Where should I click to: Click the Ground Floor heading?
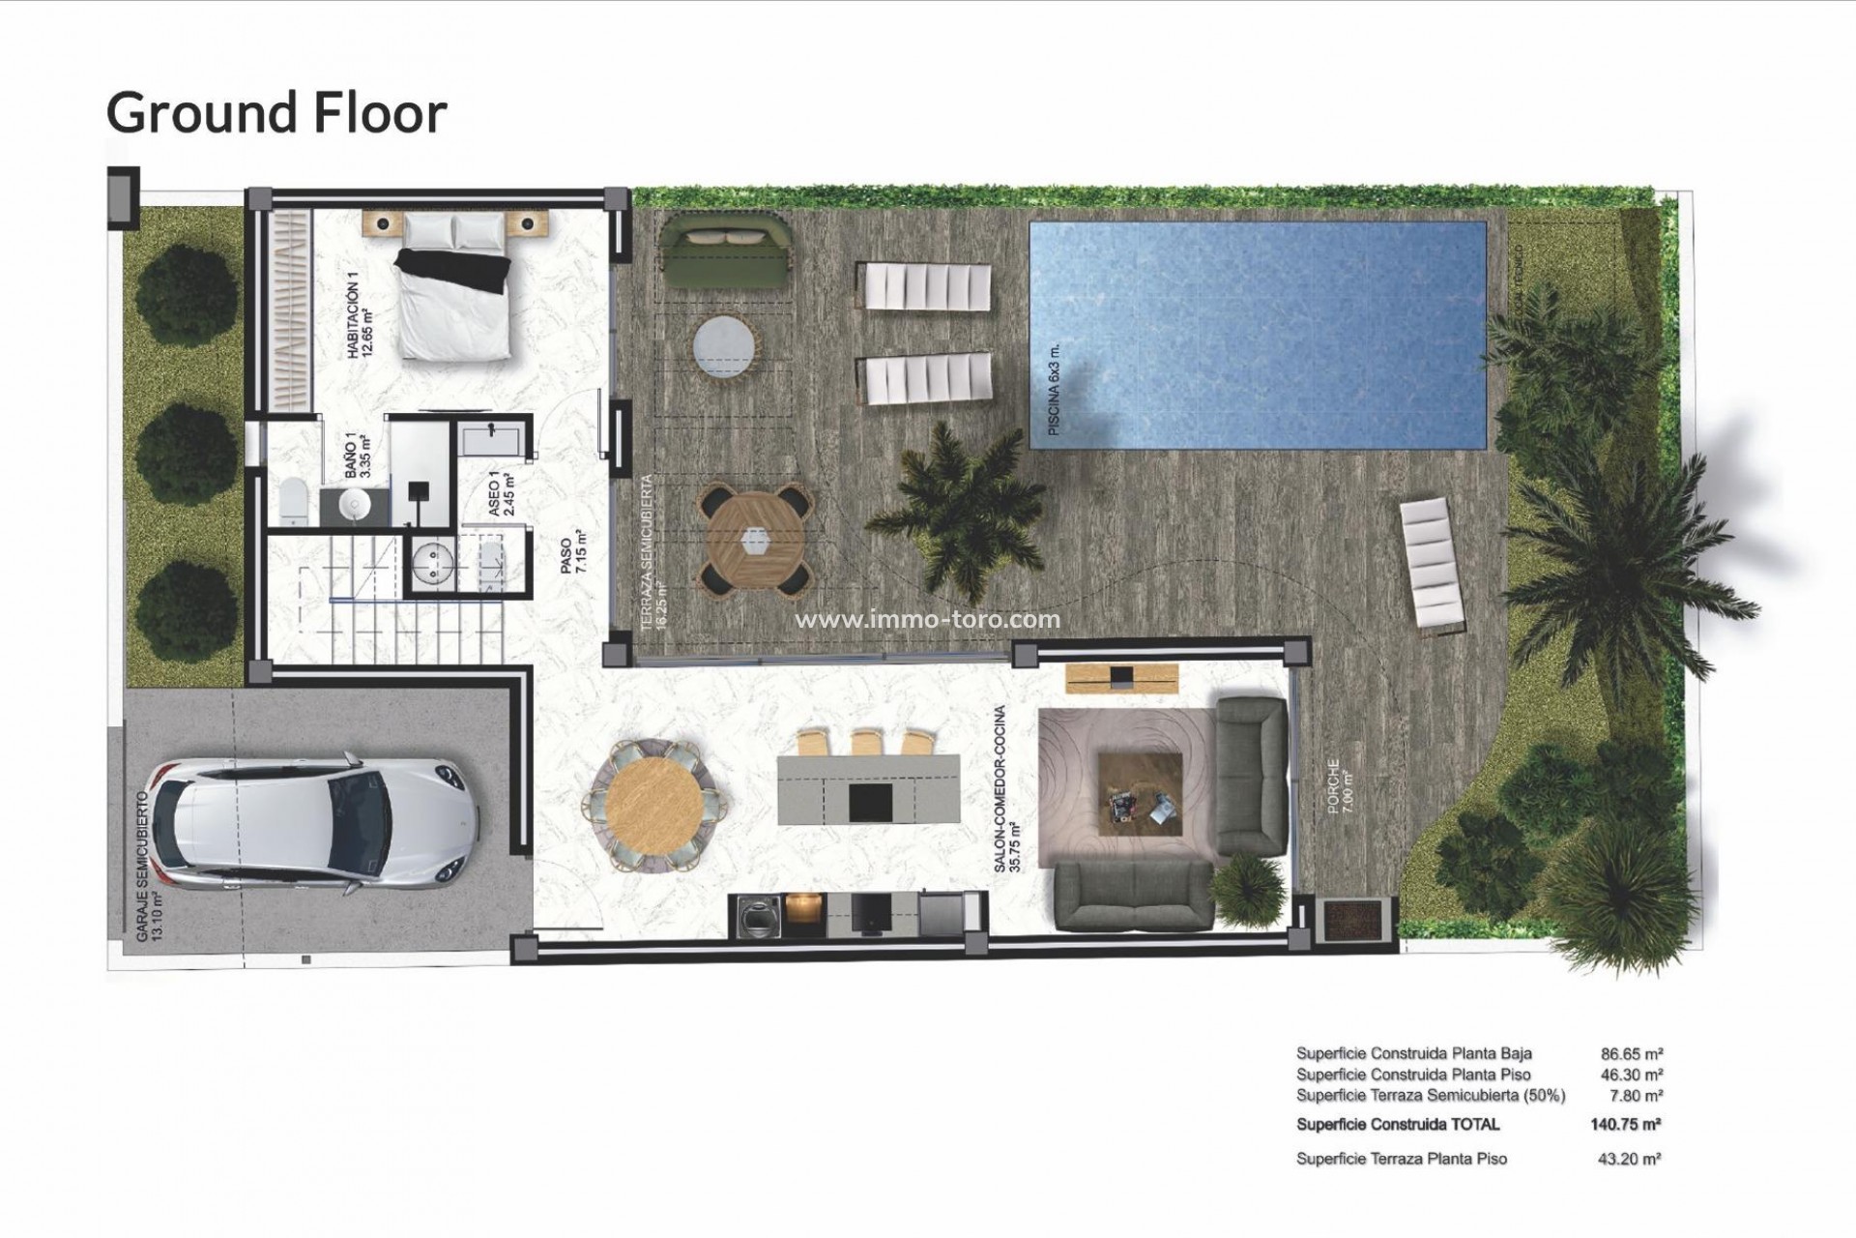(x=276, y=112)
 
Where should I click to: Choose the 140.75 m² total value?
(x=1625, y=1124)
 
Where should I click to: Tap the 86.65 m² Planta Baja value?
(x=1632, y=1053)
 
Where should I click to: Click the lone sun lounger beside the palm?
(x=1434, y=564)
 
